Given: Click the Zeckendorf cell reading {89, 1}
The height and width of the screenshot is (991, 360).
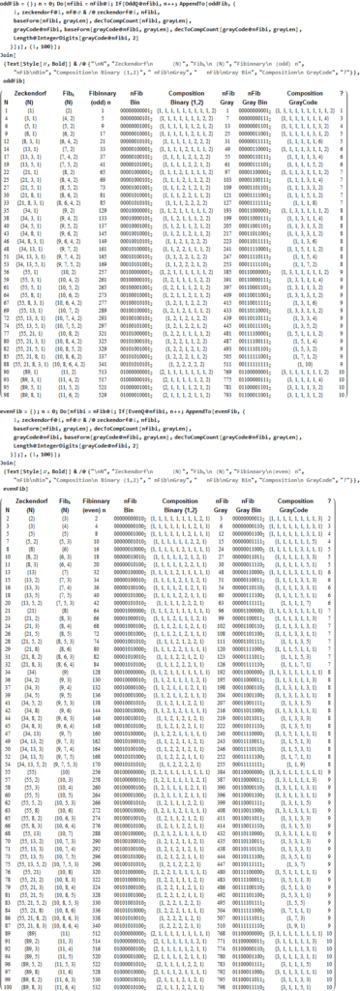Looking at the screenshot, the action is tap(32, 381).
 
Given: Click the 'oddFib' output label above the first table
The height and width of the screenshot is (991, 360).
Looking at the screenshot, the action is tap(14, 81).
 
